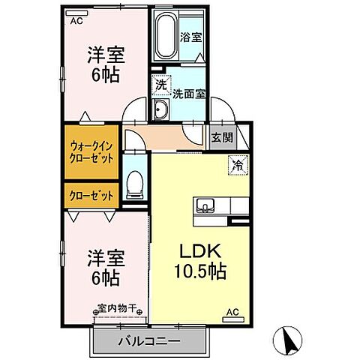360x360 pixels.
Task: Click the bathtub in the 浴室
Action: pyautogui.click(x=165, y=34)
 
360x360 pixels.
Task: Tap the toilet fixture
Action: pyautogui.click(x=135, y=185)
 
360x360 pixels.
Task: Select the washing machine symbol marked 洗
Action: pyautogui.click(x=161, y=85)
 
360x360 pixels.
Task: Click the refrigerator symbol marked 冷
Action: pyautogui.click(x=238, y=165)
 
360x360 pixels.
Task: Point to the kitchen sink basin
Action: pyautogui.click(x=205, y=205)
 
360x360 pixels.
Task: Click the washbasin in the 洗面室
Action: pyautogui.click(x=161, y=109)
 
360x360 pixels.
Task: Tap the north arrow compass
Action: pyautogui.click(x=287, y=340)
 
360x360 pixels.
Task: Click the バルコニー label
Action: pyautogui.click(x=149, y=341)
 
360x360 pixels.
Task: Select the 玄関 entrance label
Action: pyautogui.click(x=222, y=137)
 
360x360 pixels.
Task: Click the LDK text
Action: pyautogui.click(x=200, y=250)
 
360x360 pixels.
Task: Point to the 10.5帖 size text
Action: pyautogui.click(x=200, y=271)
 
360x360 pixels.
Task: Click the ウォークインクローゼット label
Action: pyautogui.click(x=91, y=152)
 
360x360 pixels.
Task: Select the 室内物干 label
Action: pyautogui.click(x=117, y=308)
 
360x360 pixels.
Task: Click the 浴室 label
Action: pyautogui.click(x=191, y=37)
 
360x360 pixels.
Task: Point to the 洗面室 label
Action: pyautogui.click(x=189, y=94)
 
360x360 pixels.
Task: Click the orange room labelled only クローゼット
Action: pyautogui.click(x=91, y=196)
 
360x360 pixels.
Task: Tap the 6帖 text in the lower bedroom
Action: pyautogui.click(x=105, y=278)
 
